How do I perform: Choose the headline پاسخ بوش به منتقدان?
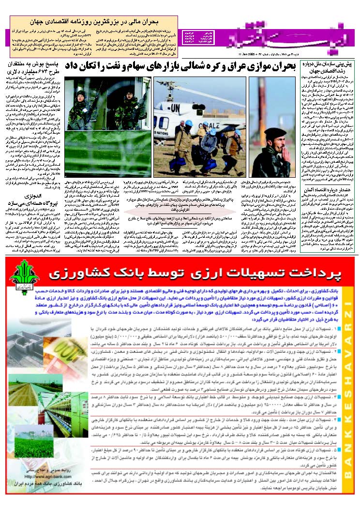click(x=34, y=65)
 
